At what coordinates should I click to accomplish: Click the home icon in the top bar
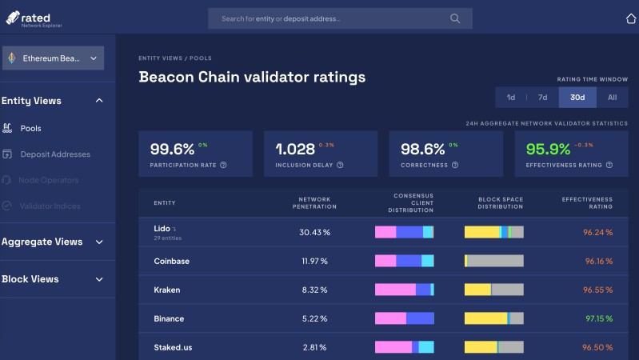(x=630, y=18)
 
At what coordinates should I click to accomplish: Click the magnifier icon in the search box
(x=455, y=18)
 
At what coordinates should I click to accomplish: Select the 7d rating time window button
(x=542, y=98)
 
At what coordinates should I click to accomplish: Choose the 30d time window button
(x=577, y=98)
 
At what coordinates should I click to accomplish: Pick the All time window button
(x=612, y=98)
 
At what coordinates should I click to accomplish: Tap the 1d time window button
(x=511, y=98)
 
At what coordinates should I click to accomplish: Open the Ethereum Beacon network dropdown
(x=54, y=58)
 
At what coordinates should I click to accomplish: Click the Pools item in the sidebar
(x=30, y=128)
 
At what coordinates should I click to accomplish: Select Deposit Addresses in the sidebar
(x=55, y=154)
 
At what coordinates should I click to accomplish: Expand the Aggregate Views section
(x=53, y=242)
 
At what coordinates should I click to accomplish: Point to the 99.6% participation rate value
(x=172, y=149)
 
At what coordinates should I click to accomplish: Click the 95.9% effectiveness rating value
(x=548, y=149)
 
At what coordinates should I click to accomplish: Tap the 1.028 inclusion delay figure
(x=295, y=149)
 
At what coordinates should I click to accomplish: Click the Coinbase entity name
(x=171, y=262)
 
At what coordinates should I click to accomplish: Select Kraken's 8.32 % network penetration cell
(x=314, y=290)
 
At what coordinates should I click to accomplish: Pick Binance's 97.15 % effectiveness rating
(x=598, y=318)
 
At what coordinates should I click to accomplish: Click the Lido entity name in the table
(x=162, y=229)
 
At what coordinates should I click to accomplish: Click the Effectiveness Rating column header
(x=587, y=202)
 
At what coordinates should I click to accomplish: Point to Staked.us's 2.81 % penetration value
(x=314, y=347)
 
